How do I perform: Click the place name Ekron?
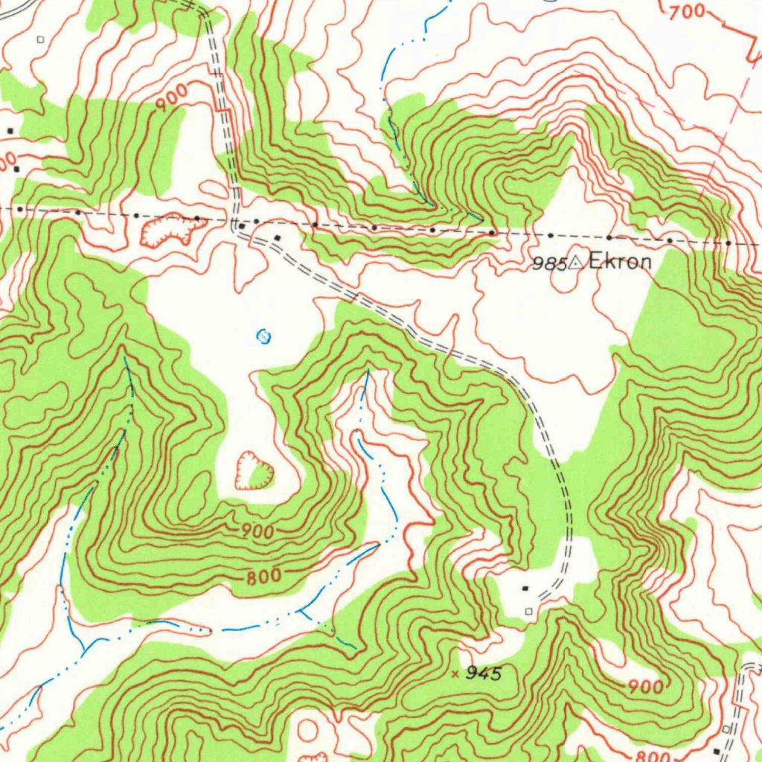(620, 262)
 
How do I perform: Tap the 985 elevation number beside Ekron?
(549, 263)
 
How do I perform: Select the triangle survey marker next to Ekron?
(576, 262)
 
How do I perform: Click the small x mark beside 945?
(455, 674)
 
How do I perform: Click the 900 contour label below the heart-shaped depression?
(257, 531)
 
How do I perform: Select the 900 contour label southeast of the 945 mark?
(645, 686)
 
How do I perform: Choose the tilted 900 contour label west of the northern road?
(171, 99)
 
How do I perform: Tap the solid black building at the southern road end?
(527, 589)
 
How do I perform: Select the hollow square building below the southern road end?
(529, 611)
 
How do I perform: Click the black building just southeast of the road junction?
(278, 238)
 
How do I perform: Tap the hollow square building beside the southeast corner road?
(726, 728)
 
